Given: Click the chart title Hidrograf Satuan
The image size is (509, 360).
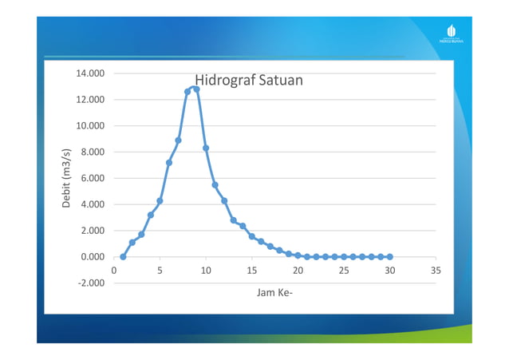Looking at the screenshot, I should [x=248, y=81].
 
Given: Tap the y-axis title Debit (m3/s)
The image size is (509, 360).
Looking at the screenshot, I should [x=67, y=178].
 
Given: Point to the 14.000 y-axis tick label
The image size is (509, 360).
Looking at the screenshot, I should [x=90, y=73].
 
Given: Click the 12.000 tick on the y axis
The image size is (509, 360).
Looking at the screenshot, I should [x=90, y=100].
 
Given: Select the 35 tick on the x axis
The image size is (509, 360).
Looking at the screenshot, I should [x=436, y=271].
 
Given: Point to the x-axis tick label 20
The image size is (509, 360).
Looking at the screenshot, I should [x=298, y=271].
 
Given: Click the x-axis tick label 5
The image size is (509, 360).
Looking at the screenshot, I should [x=160, y=271].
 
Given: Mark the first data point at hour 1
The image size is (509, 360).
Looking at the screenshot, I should [x=123, y=257].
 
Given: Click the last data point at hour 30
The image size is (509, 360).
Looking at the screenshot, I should [x=389, y=257].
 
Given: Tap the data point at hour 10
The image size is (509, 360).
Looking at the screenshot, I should [x=206, y=148].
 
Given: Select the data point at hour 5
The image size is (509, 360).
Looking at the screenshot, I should [x=160, y=201].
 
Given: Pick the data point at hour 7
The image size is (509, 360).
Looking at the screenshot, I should [x=178, y=140].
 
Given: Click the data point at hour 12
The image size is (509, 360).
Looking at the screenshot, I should [x=224, y=200].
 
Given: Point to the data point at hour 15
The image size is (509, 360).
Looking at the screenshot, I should [x=251, y=236].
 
